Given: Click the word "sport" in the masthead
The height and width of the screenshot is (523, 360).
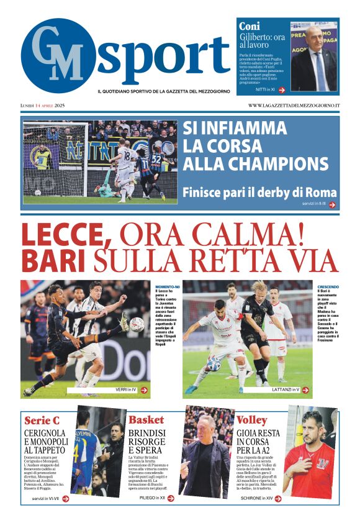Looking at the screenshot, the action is pyautogui.click(x=163, y=57).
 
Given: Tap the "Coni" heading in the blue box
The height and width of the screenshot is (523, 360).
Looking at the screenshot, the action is pyautogui.click(x=250, y=26).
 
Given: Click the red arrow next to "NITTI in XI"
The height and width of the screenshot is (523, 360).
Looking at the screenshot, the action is pyautogui.click(x=281, y=90).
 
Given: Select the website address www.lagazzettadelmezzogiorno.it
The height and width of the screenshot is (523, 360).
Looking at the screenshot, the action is pyautogui.click(x=294, y=106).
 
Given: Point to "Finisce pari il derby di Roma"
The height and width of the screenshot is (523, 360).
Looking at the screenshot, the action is pyautogui.click(x=259, y=193).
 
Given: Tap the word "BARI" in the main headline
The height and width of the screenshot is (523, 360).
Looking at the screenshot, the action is pyautogui.click(x=54, y=260).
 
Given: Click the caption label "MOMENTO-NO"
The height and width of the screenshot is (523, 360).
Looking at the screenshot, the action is pyautogui.click(x=168, y=286).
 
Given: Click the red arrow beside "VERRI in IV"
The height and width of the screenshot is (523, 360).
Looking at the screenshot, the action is pyautogui.click(x=144, y=390).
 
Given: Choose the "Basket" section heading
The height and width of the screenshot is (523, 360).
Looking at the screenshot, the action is pyautogui.click(x=146, y=419).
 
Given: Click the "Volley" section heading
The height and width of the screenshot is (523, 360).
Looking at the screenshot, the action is pyautogui.click(x=251, y=419).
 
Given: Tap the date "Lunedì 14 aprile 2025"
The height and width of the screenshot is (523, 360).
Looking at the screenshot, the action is pyautogui.click(x=42, y=106).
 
